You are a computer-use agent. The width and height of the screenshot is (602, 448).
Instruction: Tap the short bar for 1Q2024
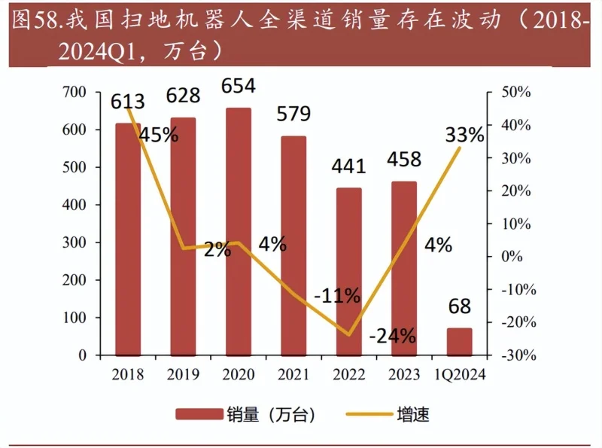click(x=459, y=341)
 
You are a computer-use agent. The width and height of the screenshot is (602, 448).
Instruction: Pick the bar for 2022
click(x=348, y=271)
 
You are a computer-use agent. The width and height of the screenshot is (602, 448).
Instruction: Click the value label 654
click(x=239, y=86)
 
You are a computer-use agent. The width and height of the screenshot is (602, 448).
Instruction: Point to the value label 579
click(x=294, y=114)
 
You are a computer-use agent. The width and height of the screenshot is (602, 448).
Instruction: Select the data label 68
click(x=459, y=306)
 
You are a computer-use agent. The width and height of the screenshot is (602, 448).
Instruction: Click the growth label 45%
click(x=159, y=135)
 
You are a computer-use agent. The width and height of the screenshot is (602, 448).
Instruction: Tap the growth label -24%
click(x=392, y=336)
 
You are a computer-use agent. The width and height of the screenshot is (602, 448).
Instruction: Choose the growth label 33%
click(x=465, y=135)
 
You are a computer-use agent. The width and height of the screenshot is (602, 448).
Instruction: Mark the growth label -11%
click(x=336, y=296)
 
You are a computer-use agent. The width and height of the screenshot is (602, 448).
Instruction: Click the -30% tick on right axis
click(x=516, y=355)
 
